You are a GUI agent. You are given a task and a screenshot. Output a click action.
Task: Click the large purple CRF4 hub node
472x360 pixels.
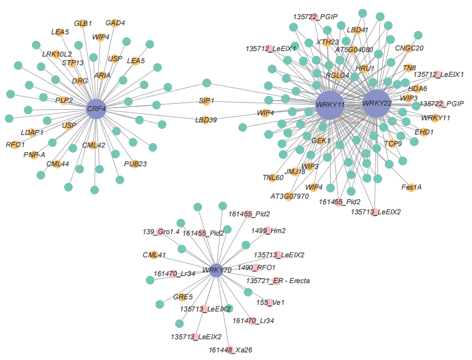pyautogui.click(x=96, y=108)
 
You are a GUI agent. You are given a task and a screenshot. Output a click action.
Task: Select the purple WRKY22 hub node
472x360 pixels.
pyautogui.click(x=377, y=104)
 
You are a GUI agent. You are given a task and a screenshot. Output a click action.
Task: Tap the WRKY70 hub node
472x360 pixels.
pyautogui.click(x=216, y=271)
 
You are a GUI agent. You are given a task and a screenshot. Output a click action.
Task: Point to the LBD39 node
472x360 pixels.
pyautogui.click(x=206, y=120)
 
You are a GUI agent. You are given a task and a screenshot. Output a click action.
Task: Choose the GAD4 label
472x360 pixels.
pyautogui.click(x=115, y=23)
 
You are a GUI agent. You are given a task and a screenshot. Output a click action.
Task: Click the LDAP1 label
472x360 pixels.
pyautogui.click(x=32, y=132)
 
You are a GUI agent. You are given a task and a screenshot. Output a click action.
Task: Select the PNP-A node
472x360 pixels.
pyautogui.click(x=34, y=155)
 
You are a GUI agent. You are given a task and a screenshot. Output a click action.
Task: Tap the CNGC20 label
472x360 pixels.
pyautogui.click(x=409, y=48)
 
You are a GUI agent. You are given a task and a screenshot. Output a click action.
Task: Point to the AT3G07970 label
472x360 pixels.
pyautogui.click(x=290, y=196)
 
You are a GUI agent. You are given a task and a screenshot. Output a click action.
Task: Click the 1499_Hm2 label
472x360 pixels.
pyautogui.click(x=269, y=231)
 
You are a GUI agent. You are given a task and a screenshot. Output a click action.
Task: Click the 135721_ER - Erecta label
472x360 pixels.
pyautogui.click(x=278, y=281)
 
